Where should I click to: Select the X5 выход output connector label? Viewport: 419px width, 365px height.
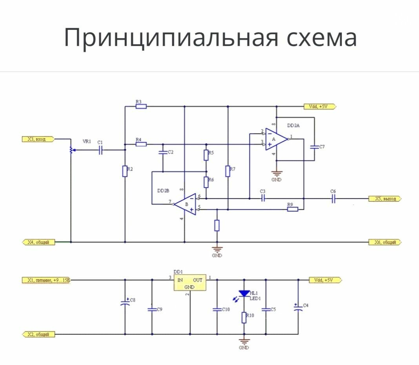385,199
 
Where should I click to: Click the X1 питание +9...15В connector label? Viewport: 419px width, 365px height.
46,280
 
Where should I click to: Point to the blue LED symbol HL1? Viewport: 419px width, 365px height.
244,293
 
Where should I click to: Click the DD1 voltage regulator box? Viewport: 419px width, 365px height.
190,283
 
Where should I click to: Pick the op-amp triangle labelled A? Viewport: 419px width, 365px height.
275,139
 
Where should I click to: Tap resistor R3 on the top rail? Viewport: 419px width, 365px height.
141,106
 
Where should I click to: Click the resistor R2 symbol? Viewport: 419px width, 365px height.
125,171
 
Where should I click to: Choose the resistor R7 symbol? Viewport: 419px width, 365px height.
228,171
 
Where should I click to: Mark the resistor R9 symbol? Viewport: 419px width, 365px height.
293,209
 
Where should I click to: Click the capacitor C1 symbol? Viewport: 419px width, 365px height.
100,150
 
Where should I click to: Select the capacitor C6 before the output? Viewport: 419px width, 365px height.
333,199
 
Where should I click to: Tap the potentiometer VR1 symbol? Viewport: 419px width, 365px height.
71,150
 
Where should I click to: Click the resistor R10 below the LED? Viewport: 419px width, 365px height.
244,317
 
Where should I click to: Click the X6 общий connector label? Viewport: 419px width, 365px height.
385,242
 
